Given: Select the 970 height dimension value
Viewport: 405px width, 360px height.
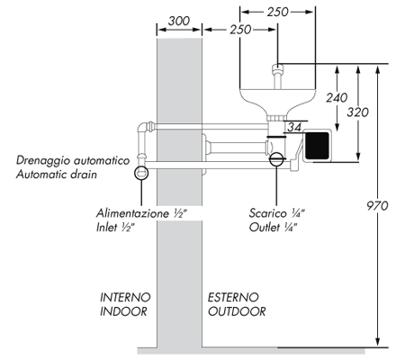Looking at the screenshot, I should coord(378,206).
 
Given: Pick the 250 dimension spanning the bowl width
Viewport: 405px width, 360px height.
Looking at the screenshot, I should coord(278,12).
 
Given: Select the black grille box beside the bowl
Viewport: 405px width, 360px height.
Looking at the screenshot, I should coord(319,145).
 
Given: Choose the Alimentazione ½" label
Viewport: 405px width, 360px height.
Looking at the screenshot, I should coord(140,213).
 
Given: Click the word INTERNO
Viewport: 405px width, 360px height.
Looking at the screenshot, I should coord(124,296).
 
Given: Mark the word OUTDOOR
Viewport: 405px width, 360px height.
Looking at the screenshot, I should coord(237,311).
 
